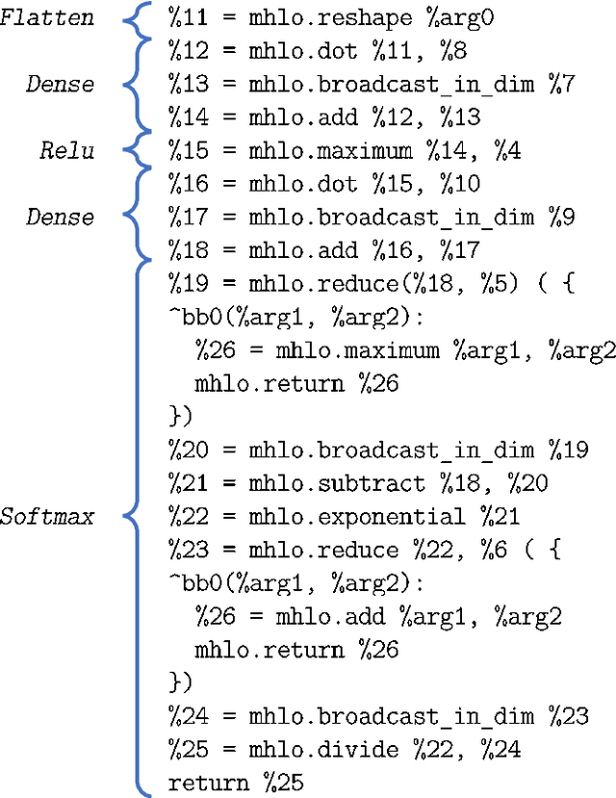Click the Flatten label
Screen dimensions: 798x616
pyautogui.click(x=47, y=16)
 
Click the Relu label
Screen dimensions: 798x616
pyautogui.click(x=67, y=150)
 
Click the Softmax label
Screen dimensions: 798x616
pyautogui.click(x=47, y=517)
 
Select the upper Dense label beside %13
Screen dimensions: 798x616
pyautogui.click(x=61, y=84)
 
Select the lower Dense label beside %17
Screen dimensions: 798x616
pyautogui.click(x=61, y=217)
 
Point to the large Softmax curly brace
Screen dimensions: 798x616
pyautogui.click(x=136, y=517)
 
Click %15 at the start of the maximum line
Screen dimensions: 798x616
pyautogui.click(x=187, y=150)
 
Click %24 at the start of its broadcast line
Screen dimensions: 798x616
pyautogui.click(x=187, y=717)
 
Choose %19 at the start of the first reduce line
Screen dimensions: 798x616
pyautogui.click(x=187, y=284)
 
